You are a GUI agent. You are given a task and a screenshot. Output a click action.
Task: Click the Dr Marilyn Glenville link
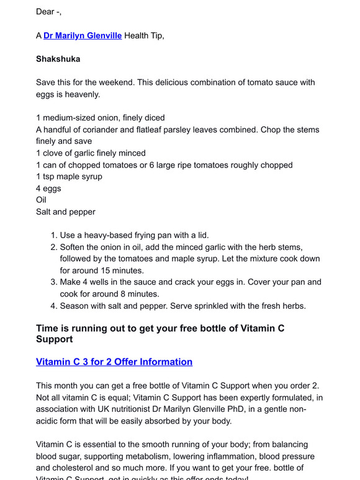83,36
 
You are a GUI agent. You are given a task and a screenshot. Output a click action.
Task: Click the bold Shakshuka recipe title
58,59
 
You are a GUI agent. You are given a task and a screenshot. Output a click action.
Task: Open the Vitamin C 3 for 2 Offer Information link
114,362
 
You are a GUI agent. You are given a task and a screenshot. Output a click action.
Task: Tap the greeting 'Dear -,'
49,12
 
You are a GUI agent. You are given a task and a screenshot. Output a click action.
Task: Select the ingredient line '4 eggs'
48,189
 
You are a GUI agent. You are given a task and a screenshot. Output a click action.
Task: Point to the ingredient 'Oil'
41,200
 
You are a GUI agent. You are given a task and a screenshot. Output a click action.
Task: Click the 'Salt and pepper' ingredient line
66,212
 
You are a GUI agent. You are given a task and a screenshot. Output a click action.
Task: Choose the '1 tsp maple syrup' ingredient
69,177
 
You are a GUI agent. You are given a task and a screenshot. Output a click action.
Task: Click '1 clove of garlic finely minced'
91,153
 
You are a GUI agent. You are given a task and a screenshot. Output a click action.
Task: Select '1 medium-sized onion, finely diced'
100,118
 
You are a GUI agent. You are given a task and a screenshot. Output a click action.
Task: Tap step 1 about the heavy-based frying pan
134,236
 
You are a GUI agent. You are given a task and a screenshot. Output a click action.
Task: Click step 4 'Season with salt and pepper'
182,306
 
